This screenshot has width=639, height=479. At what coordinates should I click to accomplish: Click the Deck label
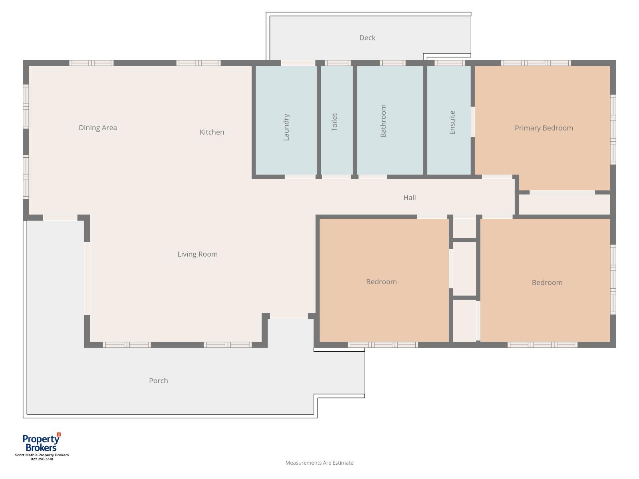point(367,38)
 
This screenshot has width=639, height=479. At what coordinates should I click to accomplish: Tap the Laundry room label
point(286,127)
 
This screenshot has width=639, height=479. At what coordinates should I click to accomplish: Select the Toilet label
point(334,123)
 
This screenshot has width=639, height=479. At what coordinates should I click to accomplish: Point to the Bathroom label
point(383,121)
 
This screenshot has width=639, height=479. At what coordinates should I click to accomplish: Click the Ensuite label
point(452,123)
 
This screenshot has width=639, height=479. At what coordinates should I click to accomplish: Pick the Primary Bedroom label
point(544,128)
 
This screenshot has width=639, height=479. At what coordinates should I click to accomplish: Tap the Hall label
point(409,198)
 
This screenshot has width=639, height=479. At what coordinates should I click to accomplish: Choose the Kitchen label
point(212,133)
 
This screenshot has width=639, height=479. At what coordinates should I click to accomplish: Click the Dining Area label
point(98,128)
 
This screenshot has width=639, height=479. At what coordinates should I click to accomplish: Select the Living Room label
point(197,254)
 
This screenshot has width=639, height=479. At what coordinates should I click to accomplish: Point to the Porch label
point(159,381)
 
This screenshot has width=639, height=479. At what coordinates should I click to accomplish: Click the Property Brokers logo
point(42,442)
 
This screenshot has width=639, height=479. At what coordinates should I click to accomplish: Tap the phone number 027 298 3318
point(42,459)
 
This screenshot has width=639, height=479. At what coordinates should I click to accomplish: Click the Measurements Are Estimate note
point(319,463)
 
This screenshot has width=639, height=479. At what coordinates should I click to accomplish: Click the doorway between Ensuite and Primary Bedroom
point(472,122)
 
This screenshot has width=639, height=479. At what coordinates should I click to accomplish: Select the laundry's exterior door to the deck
point(298,63)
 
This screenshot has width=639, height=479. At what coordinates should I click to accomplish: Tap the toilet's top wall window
point(337,63)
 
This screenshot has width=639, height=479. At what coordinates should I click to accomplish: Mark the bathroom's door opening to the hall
point(373,176)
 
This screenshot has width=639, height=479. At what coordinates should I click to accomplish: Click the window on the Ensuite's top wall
point(449,63)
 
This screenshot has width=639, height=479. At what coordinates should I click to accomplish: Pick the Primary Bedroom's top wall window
point(536,63)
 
